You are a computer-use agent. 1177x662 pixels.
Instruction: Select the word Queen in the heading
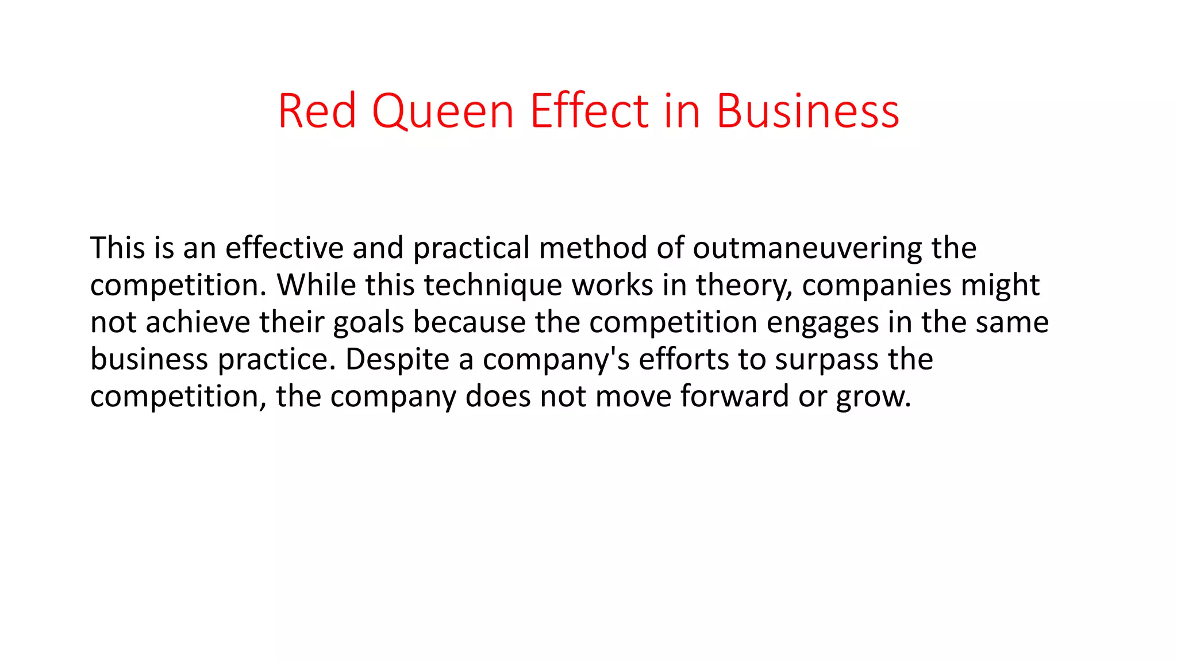point(443,111)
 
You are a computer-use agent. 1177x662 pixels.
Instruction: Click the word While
point(317,285)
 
